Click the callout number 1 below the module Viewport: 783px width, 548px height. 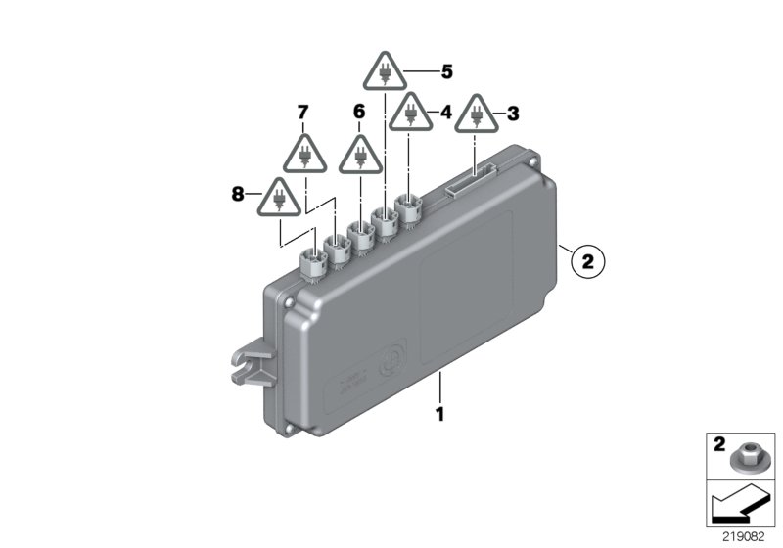(439, 414)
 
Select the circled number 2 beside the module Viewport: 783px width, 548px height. (587, 261)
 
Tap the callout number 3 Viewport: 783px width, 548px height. (513, 114)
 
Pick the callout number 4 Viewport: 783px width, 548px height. (445, 113)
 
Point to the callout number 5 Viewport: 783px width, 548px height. (446, 71)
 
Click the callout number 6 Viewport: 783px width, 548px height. (358, 113)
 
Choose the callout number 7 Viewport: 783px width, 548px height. (302, 113)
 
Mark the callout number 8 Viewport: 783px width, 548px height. (237, 195)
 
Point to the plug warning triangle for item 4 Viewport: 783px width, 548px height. (411, 114)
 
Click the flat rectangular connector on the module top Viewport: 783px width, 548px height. (471, 183)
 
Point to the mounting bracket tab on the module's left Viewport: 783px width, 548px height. (247, 359)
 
